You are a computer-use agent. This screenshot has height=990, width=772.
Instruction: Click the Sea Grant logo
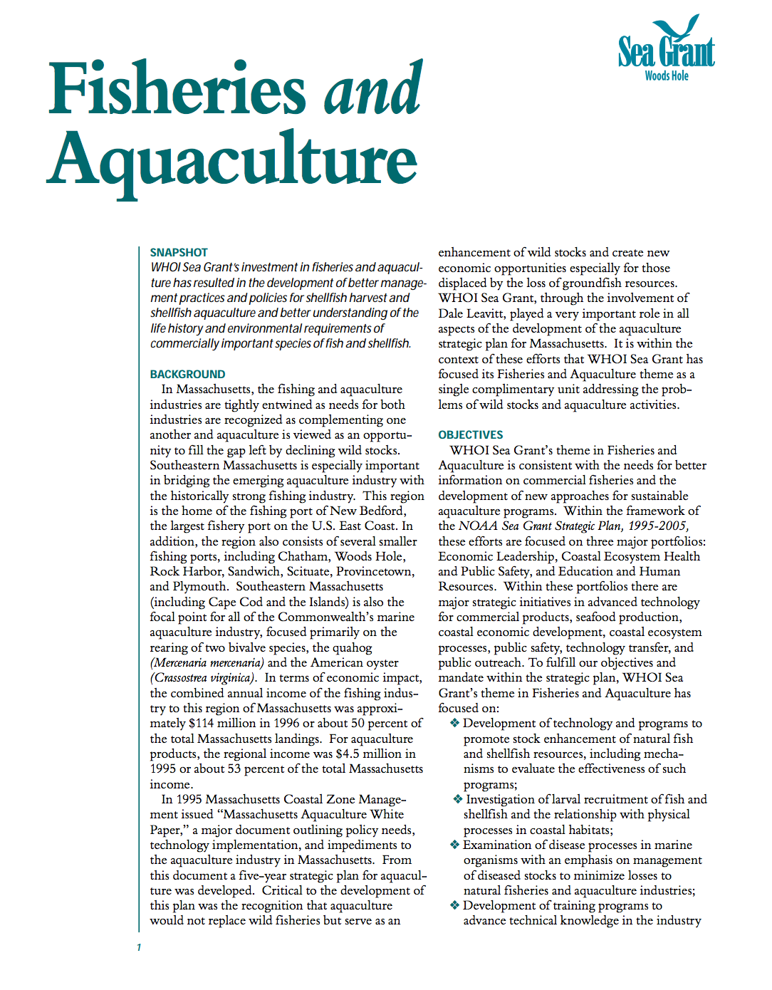pos(666,47)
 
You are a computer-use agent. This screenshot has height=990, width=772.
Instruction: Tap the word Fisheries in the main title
pos(177,90)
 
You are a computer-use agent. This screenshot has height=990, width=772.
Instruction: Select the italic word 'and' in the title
pos(373,90)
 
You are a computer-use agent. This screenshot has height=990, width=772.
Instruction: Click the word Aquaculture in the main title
pos(232,160)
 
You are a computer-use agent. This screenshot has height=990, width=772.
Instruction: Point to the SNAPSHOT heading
pos(179,252)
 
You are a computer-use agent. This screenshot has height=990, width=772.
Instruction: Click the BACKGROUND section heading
pos(187,374)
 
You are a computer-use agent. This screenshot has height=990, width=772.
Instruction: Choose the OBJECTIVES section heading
pos(470,434)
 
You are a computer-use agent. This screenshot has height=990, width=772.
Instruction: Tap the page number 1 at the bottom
pos(139,947)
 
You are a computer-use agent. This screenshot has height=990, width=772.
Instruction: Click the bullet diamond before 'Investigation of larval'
pos(458,799)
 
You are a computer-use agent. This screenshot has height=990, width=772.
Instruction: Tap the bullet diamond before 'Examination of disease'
pos(454,845)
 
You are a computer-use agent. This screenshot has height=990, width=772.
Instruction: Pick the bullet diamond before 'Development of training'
pos(454,905)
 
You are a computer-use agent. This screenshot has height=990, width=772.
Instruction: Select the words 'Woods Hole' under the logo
pos(667,75)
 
